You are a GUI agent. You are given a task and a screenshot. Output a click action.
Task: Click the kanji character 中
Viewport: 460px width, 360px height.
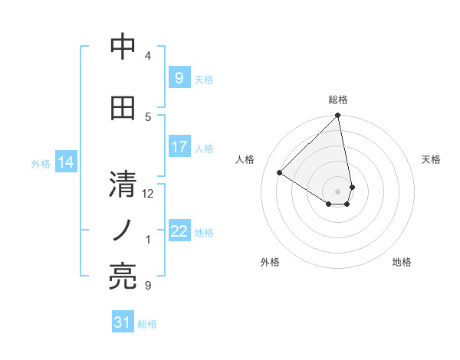coord(123,47)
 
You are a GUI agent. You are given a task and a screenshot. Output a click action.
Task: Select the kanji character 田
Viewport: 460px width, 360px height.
coord(123,108)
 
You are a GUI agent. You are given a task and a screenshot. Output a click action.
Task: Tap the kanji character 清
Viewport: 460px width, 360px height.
coord(123,185)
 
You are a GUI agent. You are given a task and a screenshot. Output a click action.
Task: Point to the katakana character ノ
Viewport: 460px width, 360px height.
coord(123,230)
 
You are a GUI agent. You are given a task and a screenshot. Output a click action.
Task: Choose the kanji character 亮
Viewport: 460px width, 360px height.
coord(123,275)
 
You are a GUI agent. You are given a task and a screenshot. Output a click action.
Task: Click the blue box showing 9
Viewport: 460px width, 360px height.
coord(179,78)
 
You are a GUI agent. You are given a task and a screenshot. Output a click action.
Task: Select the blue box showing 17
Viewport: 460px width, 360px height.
coord(179,147)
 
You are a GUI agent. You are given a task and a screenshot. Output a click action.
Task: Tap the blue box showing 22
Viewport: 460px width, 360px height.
coord(179,231)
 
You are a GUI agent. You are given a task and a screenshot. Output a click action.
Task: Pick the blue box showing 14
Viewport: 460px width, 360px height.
coord(66,162)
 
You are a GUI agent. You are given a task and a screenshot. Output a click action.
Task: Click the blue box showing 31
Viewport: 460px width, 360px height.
coord(123,322)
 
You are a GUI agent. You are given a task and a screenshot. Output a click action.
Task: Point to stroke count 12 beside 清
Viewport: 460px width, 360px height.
coord(148,194)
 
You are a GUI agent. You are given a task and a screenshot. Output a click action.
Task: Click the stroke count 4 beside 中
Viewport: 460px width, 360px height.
coord(148,56)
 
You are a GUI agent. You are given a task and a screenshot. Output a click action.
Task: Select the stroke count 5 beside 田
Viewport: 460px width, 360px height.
coord(148,117)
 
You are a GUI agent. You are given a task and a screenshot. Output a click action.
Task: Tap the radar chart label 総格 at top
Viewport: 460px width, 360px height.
coord(338,100)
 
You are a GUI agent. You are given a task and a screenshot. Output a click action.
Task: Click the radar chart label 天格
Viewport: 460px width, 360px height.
coord(432,159)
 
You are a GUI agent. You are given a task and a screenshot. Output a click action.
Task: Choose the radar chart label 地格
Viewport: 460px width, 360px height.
coord(402,262)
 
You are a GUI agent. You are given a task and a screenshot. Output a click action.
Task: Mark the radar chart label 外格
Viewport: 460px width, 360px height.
coord(270,262)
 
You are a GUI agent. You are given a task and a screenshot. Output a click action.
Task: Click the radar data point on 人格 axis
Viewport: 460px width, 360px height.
coord(280,173)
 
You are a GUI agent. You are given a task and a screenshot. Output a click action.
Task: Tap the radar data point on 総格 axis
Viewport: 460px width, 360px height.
coord(338,116)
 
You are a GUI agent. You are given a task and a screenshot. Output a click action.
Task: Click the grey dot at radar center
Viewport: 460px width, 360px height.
coord(338,191)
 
